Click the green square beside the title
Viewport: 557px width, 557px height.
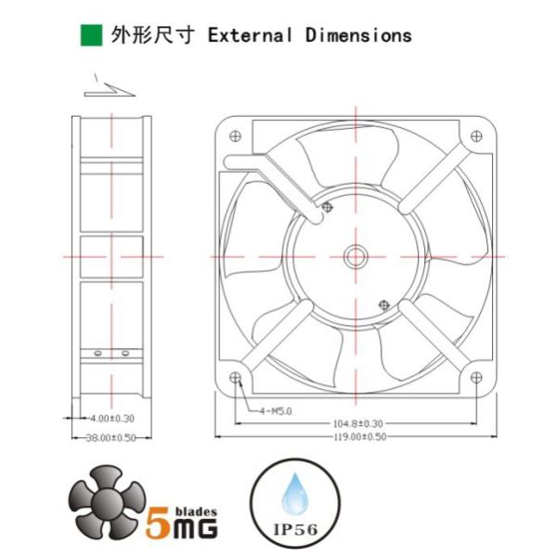[x=91, y=35]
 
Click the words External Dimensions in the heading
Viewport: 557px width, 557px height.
[x=309, y=35]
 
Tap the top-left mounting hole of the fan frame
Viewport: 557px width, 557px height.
[x=233, y=136]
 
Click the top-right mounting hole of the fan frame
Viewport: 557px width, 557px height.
[x=476, y=136]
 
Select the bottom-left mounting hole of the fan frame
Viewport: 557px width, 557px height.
[x=233, y=378]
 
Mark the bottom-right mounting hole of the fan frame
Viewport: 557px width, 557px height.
[x=476, y=378]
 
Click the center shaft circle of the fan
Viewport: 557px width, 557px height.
[x=355, y=256]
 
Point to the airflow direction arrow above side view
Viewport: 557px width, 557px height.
[x=109, y=88]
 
